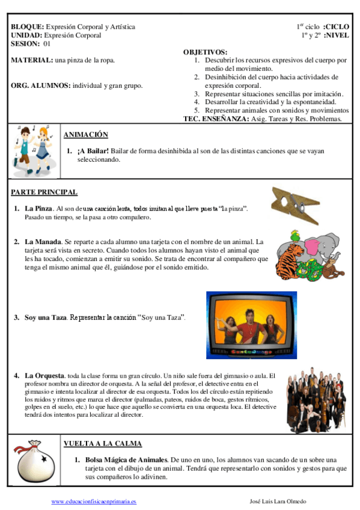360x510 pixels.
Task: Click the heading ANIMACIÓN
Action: [x=85, y=135]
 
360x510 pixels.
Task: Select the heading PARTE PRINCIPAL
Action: [x=44, y=192]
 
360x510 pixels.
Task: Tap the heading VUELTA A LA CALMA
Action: [x=103, y=443]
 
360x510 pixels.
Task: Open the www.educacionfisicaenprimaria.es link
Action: [x=94, y=501]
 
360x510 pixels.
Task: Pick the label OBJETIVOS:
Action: [x=205, y=52]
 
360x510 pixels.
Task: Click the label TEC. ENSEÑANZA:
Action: [x=215, y=118]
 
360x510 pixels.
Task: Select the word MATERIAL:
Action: [x=31, y=61]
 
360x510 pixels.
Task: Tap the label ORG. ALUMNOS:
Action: [x=40, y=85]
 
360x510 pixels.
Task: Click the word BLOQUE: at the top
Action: [x=27, y=27]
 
